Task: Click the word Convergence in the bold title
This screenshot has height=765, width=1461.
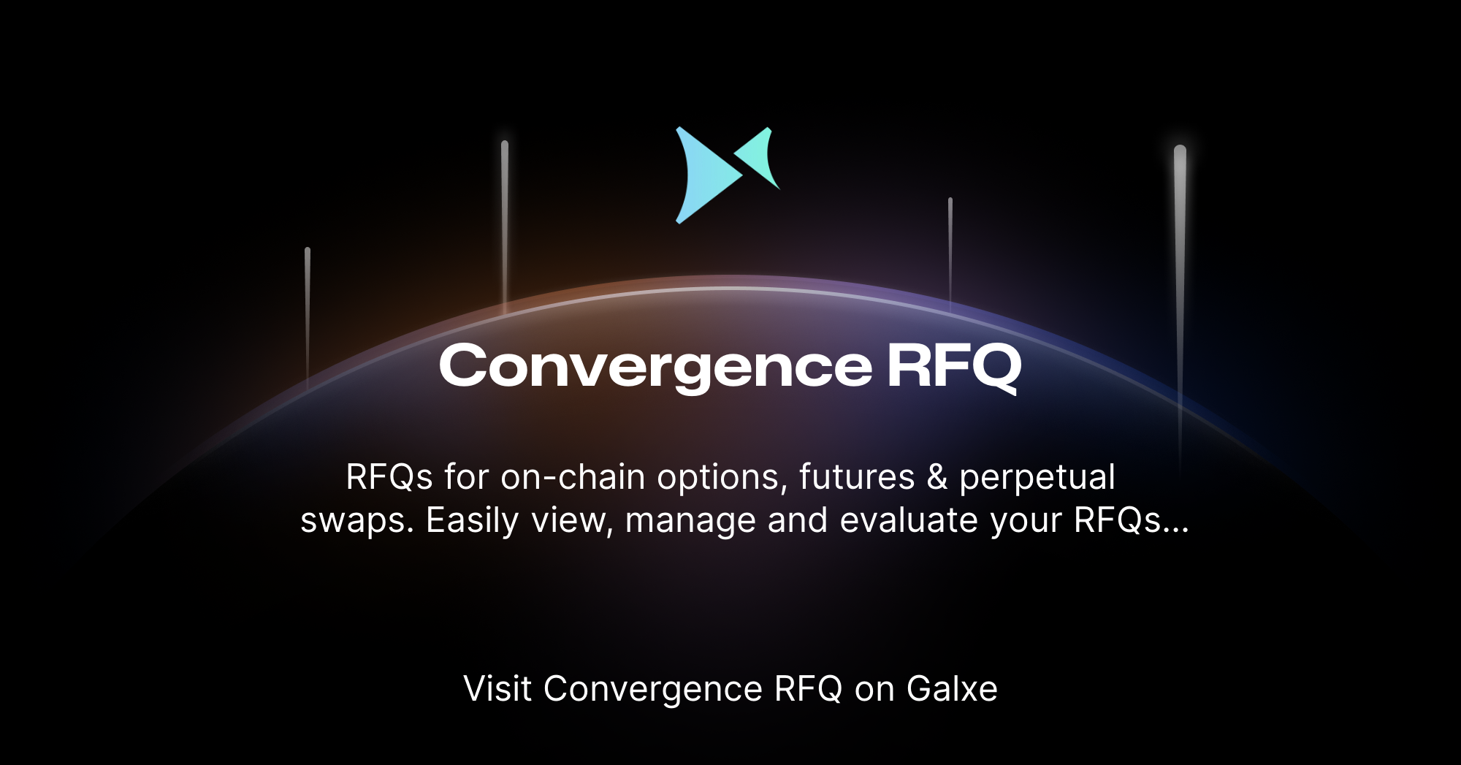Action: coord(655,366)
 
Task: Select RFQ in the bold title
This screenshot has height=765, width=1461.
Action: coord(953,366)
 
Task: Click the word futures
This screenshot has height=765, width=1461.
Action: coord(857,478)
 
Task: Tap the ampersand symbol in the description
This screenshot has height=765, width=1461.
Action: coord(937,478)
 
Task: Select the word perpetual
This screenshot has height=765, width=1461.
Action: coord(1037,478)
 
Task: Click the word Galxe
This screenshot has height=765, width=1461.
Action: coord(952,689)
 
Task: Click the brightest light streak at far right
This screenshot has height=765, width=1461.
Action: coord(1180,241)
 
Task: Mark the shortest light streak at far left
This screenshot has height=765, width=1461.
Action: coord(308,314)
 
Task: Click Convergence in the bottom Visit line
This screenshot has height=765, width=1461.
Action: coord(653,689)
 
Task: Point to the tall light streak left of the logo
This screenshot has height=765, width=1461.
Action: coord(505,219)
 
